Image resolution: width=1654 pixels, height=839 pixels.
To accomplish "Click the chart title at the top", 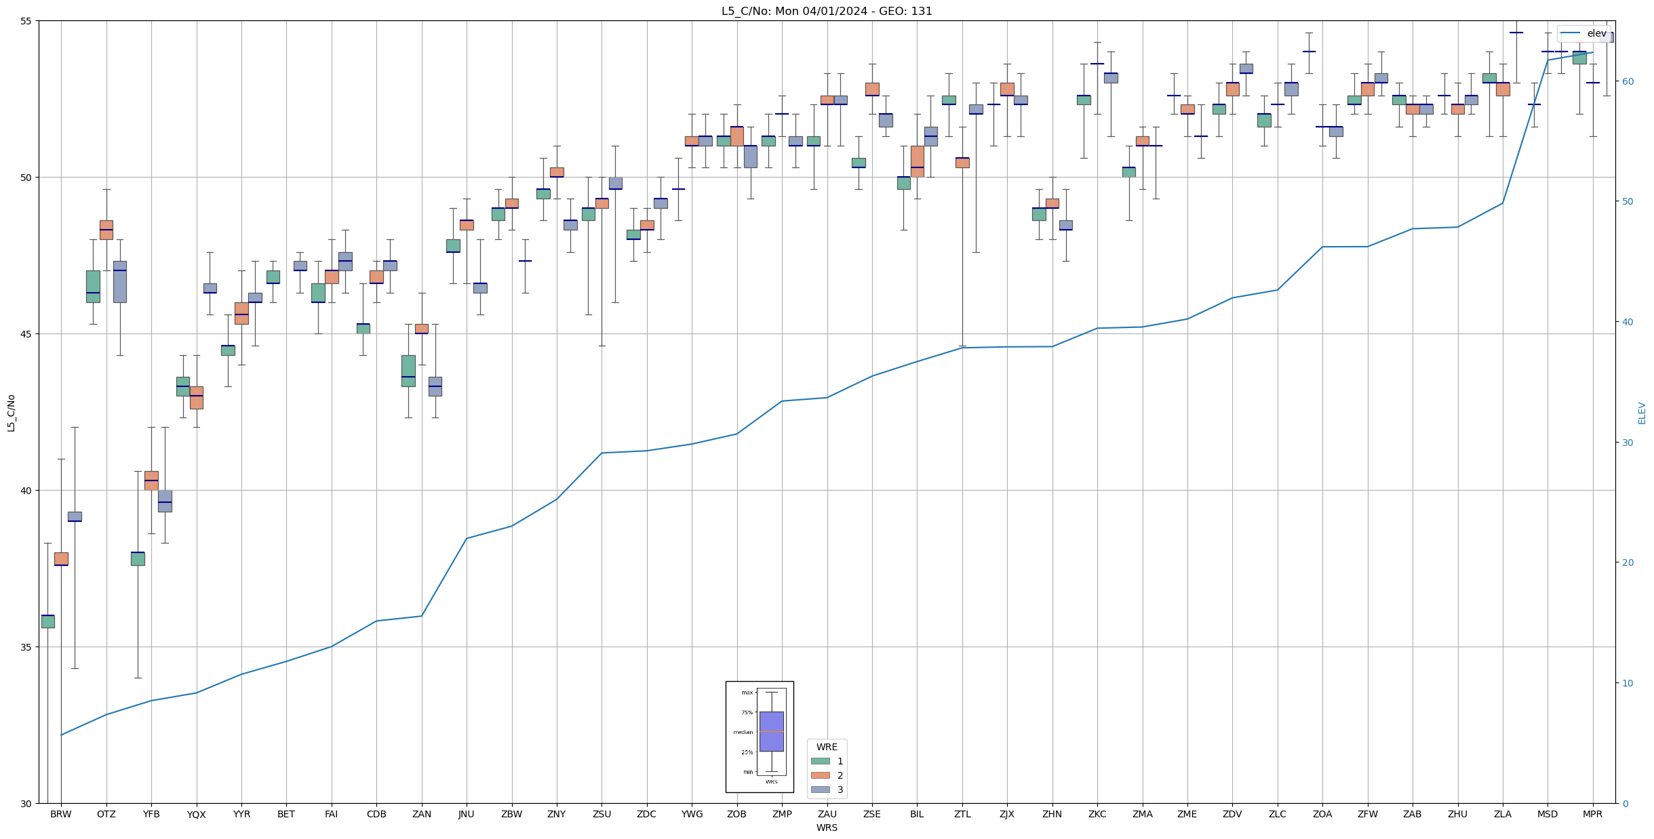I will (827, 11).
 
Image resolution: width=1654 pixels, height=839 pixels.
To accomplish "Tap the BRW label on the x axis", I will (61, 814).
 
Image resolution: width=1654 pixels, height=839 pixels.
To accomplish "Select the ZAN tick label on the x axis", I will (421, 814).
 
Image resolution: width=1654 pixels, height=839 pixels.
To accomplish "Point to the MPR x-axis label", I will (1592, 814).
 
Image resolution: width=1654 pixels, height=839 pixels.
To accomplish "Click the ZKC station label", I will (1097, 814).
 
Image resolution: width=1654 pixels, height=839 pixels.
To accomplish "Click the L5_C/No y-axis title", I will (11, 413).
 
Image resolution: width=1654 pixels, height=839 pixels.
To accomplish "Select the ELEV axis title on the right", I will (1642, 413).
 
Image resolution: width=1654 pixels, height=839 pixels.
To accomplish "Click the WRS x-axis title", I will (827, 827).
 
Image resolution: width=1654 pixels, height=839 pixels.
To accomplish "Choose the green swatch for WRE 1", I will (820, 761).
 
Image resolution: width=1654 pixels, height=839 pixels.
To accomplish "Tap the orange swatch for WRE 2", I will (820, 775).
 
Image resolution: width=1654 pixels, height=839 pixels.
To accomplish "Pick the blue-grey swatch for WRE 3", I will (820, 790).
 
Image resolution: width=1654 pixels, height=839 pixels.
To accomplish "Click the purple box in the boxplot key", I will (771, 731).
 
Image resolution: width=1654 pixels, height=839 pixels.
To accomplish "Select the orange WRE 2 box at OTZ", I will (106, 230).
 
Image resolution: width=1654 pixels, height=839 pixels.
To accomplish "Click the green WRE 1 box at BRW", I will (47, 621).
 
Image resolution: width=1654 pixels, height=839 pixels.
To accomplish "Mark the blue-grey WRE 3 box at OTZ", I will (120, 282).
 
